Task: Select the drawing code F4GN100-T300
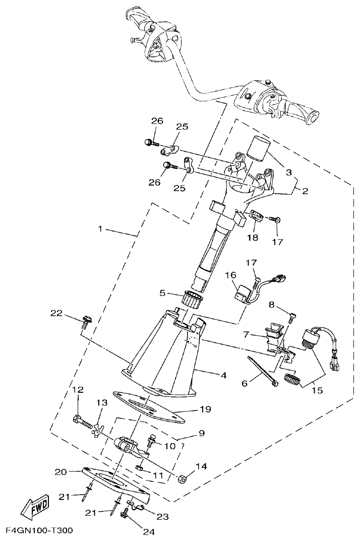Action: click(x=39, y=531)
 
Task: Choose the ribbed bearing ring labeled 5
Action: click(x=191, y=300)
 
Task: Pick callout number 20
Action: click(x=61, y=472)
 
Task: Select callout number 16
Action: click(x=230, y=275)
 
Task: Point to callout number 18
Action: click(x=253, y=237)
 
